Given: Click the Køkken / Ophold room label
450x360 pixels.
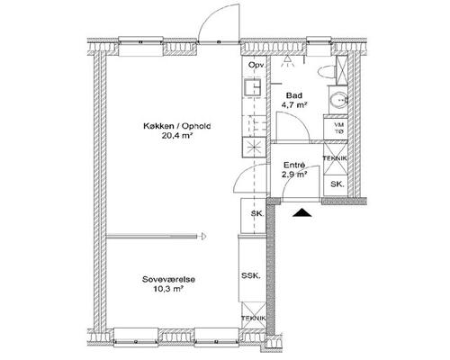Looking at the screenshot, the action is [x=177, y=126].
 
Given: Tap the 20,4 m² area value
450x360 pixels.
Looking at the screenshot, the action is [x=177, y=136].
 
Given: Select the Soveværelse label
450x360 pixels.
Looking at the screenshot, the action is [x=168, y=280].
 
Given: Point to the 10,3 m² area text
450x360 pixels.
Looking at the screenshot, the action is [x=168, y=290].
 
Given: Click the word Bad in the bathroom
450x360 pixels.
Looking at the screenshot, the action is [x=294, y=95].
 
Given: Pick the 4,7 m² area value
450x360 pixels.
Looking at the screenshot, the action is [x=294, y=105].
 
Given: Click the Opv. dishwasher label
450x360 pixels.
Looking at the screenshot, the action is [x=256, y=66].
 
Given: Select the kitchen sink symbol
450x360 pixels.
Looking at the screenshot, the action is [x=253, y=87].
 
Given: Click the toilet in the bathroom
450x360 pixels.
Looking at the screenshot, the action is [x=326, y=72].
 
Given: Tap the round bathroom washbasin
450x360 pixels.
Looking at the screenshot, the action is [x=339, y=99].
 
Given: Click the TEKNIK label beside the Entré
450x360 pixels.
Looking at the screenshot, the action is [x=335, y=158].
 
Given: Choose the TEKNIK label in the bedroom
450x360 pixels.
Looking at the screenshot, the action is [x=254, y=319].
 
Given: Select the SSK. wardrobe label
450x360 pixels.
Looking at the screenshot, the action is [x=251, y=275].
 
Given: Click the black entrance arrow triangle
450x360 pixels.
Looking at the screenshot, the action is [x=302, y=212].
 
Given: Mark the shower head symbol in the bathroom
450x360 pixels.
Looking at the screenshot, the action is [x=287, y=61].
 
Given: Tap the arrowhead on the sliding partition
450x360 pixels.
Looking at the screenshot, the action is [x=202, y=237].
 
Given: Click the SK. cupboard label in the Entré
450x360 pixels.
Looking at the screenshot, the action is [x=337, y=184].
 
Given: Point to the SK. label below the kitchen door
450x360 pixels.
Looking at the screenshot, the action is [x=257, y=214].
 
